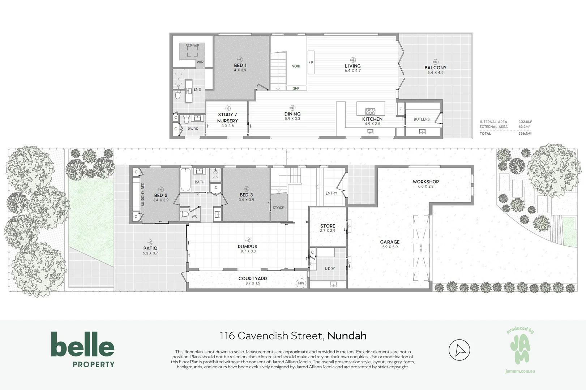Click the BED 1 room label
coord(240,66)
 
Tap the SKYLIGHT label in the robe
coord(192,45)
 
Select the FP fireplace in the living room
coord(311,62)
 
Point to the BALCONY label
coord(435,68)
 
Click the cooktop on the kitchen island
coord(370,111)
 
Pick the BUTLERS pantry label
coord(422,119)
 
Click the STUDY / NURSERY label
coord(227,118)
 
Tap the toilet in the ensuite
coord(177,95)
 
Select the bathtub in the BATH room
coord(185,180)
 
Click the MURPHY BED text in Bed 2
coord(143,194)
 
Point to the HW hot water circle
coord(301,283)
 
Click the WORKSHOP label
coord(425,182)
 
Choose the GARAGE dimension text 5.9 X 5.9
coord(390,247)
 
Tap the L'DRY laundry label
coord(330,269)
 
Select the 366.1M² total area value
coord(525,134)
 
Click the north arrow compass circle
coord(459,350)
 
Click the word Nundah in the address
coord(347,336)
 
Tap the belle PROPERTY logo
coord(83,349)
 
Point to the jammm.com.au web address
coord(520,371)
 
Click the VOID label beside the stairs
coord(296,66)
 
